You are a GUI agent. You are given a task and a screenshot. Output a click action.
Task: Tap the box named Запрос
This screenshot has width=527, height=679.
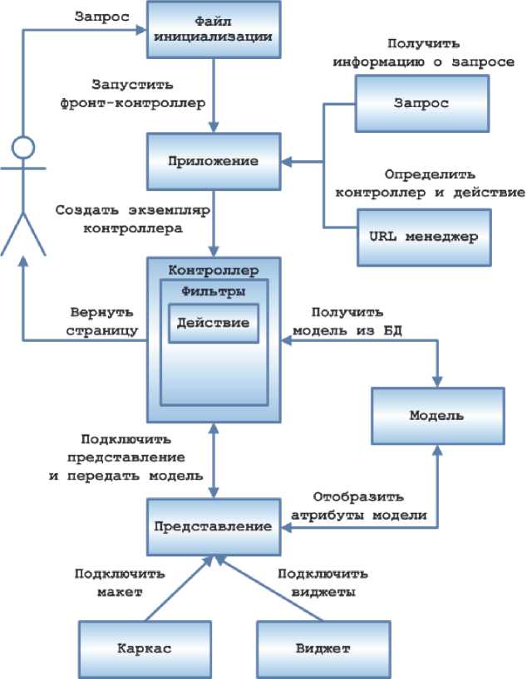pyautogui.click(x=421, y=103)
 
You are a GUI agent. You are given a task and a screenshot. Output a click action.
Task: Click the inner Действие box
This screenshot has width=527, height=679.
pyautogui.click(x=214, y=323)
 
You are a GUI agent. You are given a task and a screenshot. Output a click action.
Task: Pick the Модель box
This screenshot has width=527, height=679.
pyautogui.click(x=437, y=415)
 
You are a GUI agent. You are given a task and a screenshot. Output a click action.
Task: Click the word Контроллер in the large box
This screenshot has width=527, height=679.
pyautogui.click(x=214, y=271)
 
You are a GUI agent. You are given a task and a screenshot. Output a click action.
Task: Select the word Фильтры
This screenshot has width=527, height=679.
pyautogui.click(x=214, y=291)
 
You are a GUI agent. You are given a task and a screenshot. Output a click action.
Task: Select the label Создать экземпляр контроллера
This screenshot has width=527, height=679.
pyautogui.click(x=131, y=218)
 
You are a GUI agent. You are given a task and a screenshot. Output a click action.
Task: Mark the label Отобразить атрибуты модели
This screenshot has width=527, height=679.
pyautogui.click(x=358, y=506)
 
